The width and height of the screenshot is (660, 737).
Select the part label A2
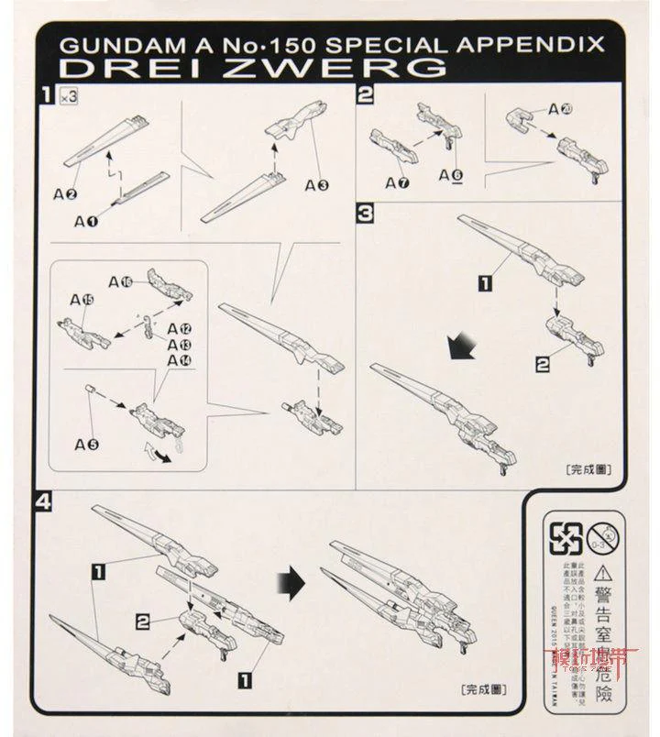[x=64, y=193]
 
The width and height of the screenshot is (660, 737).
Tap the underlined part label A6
[x=451, y=174]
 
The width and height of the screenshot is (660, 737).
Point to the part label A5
[x=87, y=444]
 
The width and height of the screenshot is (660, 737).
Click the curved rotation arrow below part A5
[x=158, y=454]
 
